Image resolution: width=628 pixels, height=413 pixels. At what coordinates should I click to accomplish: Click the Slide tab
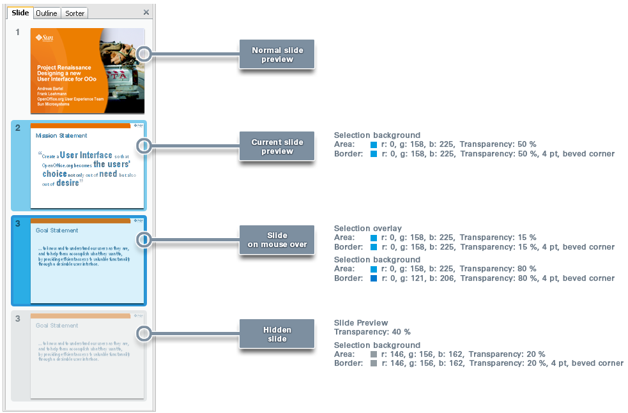pyautogui.click(x=20, y=13)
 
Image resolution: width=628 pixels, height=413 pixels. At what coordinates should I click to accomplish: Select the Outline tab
pyautogui.click(x=47, y=13)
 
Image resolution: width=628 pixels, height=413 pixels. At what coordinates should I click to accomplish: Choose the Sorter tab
pyautogui.click(x=75, y=13)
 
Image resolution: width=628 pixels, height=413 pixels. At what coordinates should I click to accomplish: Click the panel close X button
pyautogui.click(x=146, y=12)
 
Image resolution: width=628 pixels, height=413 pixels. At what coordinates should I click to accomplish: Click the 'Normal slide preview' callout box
pyautogui.click(x=277, y=55)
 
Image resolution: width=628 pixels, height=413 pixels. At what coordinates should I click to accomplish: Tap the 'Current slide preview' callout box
pyautogui.click(x=277, y=147)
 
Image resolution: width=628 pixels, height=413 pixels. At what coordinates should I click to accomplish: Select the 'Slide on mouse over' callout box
pyautogui.click(x=277, y=239)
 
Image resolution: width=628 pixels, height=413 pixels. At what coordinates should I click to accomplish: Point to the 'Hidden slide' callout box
pyautogui.click(x=277, y=334)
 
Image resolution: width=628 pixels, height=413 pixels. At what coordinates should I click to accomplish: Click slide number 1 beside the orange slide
pyautogui.click(x=18, y=32)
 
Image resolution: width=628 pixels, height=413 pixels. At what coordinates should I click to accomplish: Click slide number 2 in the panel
pyautogui.click(x=18, y=128)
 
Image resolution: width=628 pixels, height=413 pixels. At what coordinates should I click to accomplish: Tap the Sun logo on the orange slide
pyautogui.click(x=45, y=38)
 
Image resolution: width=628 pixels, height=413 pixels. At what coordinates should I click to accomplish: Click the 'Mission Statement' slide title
pyautogui.click(x=61, y=136)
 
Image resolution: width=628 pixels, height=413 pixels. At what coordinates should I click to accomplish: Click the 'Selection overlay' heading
pyautogui.click(x=367, y=229)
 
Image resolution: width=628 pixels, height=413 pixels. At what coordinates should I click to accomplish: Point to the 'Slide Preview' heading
pyautogui.click(x=361, y=323)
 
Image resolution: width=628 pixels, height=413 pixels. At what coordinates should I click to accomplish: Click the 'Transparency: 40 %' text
pyautogui.click(x=372, y=332)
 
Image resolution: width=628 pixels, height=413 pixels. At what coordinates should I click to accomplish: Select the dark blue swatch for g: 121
pyautogui.click(x=374, y=278)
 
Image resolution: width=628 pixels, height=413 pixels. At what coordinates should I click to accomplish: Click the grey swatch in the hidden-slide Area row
pyautogui.click(x=374, y=354)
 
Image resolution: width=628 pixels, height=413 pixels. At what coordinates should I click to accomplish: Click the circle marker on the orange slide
pyautogui.click(x=144, y=54)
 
